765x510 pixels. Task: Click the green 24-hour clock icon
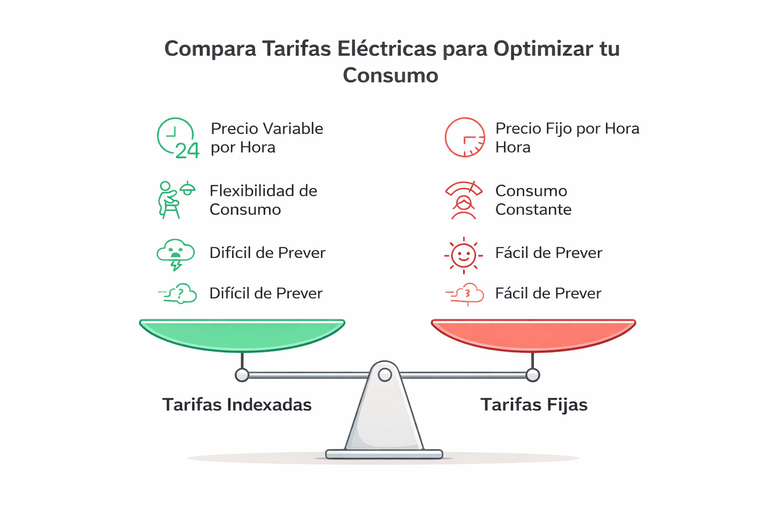177,138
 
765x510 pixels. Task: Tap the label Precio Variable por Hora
266,138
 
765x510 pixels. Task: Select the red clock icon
464,137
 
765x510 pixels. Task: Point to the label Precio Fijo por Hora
567,138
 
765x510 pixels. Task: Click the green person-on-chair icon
175,200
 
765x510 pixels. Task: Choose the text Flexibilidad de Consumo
263,200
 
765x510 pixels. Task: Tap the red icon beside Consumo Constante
464,200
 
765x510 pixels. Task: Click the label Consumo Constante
533,200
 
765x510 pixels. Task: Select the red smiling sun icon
464,255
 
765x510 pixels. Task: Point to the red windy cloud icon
466,294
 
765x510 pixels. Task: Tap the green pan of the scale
242,335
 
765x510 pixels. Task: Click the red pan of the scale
533,335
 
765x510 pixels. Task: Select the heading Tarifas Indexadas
237,404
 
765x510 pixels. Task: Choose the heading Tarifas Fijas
534,404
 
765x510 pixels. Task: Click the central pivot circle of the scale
384,375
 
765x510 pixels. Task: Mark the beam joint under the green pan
242,375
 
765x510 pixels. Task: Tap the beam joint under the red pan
533,375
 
